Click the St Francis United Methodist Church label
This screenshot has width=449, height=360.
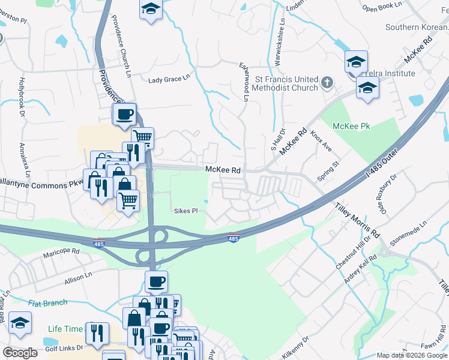point(285,83)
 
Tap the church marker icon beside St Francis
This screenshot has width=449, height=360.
point(327,83)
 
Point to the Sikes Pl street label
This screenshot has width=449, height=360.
point(185,211)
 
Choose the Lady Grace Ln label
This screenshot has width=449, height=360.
point(169,79)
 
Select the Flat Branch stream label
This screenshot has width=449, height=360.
point(47,302)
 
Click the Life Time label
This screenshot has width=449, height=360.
point(65,329)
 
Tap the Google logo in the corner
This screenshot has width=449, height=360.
point(20,353)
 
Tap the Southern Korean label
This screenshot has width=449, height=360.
point(416,27)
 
